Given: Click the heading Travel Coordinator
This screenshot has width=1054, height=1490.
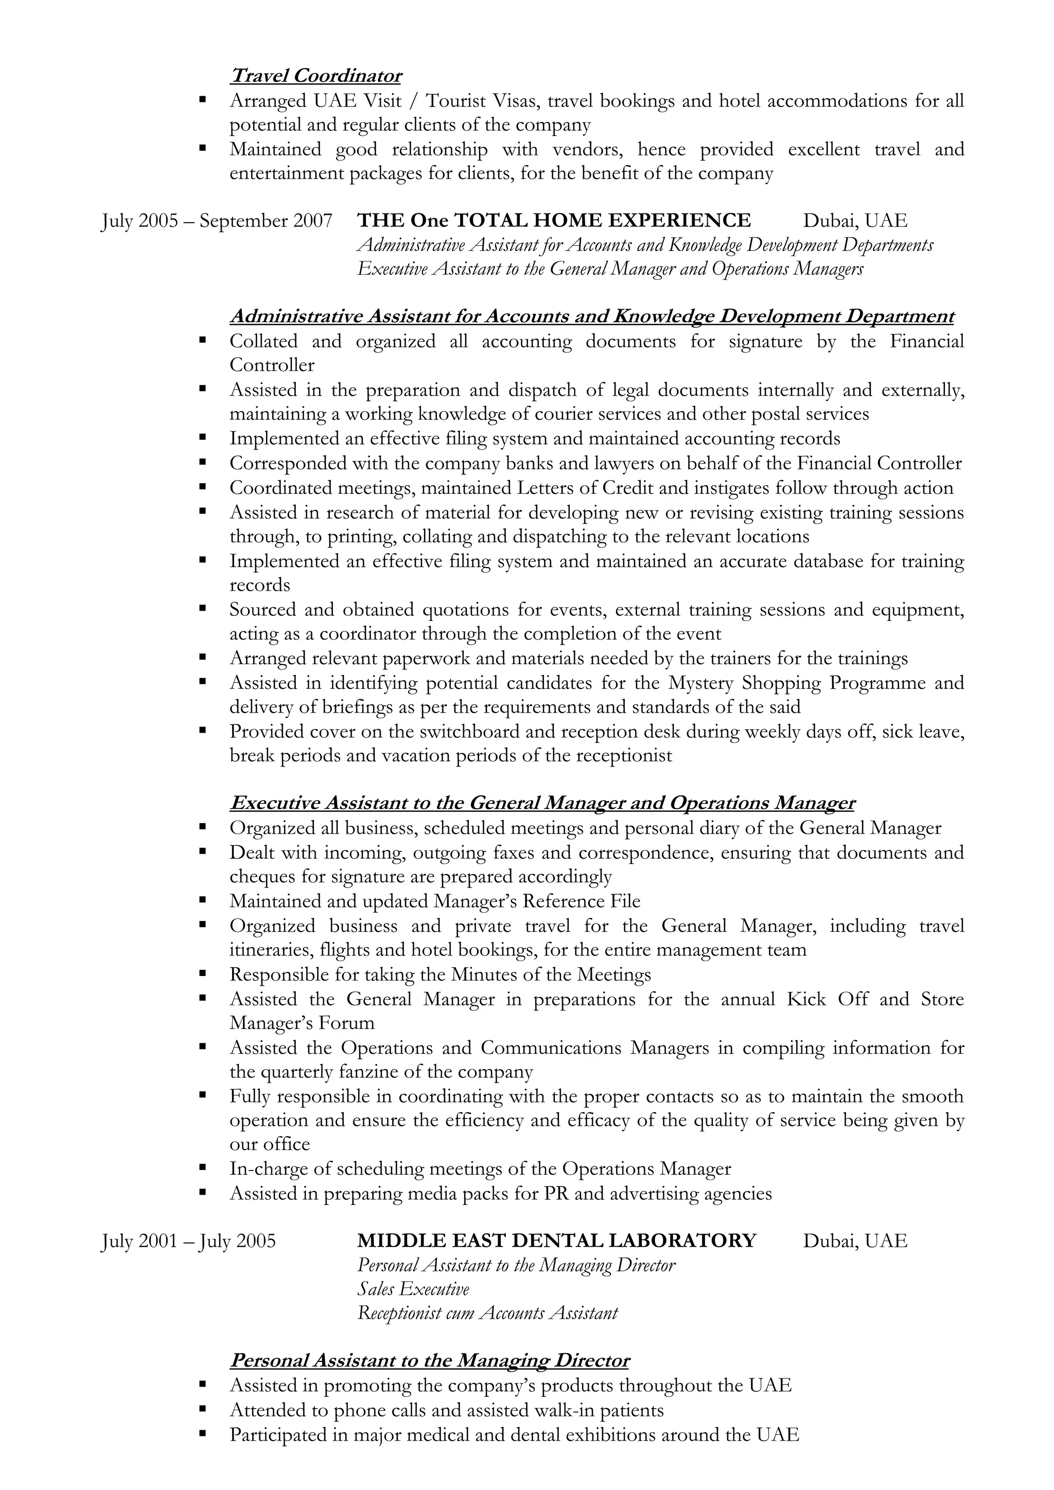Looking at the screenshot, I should point(315,76).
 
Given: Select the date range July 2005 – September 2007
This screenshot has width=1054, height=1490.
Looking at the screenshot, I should point(217,221).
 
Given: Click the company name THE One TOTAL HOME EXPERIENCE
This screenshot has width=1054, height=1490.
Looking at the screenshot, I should point(554,221).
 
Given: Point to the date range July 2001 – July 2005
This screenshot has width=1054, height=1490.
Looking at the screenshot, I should point(188,1241).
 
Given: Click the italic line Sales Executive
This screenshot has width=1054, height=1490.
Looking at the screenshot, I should point(413,1289).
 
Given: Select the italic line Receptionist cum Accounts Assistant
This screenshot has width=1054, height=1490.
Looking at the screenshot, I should point(487,1313).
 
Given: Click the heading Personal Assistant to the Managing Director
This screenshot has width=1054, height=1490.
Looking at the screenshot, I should point(430,1360).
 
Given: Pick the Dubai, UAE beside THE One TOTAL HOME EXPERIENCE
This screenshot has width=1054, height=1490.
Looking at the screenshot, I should point(855,221).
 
